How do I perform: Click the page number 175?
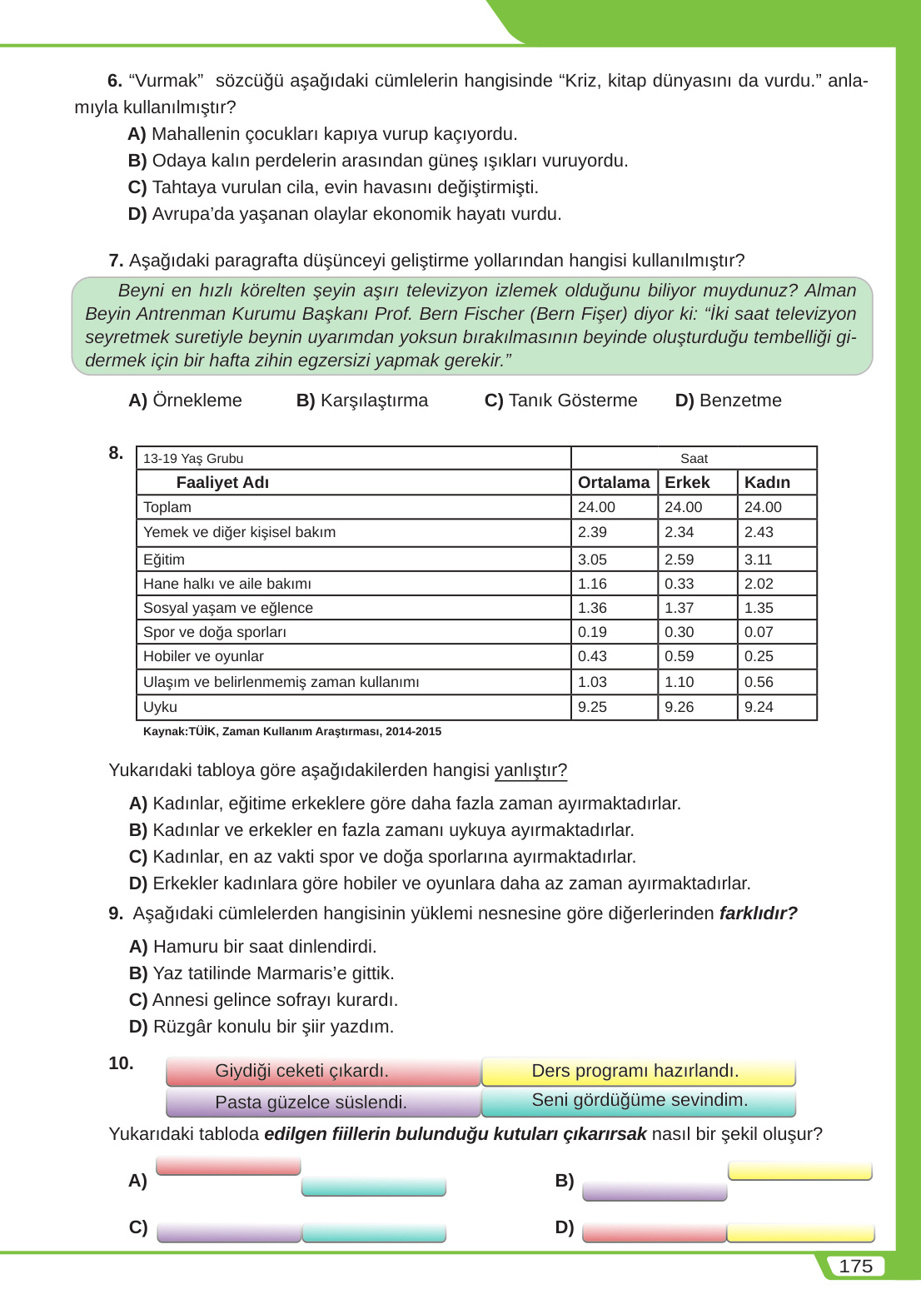(855, 1266)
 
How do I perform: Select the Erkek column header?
(687, 482)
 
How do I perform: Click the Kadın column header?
(767, 482)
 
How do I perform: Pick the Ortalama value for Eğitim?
(592, 560)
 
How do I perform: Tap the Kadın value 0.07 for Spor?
(759, 632)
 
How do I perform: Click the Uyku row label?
(160, 707)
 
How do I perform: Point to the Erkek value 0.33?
(679, 584)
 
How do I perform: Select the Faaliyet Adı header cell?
(222, 482)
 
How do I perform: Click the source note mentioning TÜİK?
(292, 731)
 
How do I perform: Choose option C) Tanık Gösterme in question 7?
(560, 401)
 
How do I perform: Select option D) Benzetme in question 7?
(728, 401)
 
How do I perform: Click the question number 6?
(115, 81)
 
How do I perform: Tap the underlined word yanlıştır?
(530, 770)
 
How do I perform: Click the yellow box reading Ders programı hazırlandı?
(636, 1071)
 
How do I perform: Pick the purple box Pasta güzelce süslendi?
(311, 1102)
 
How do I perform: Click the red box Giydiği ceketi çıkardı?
(302, 1071)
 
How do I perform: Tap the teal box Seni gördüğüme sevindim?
(640, 1100)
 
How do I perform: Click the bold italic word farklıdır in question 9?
(758, 913)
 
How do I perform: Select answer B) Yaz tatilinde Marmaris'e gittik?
(261, 973)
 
